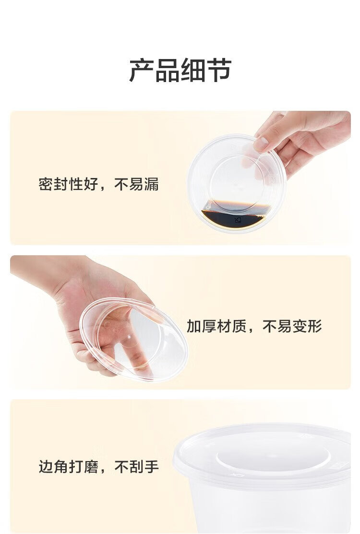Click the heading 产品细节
coord(180,70)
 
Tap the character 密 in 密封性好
coord(46,184)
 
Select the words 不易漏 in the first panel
coord(137,184)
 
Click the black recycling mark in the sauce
coord(238,220)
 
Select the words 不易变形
coord(292,326)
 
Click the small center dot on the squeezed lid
coord(129,337)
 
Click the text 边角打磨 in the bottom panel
coord(68,466)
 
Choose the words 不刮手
coord(137,466)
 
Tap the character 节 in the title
coord(219,70)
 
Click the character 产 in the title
coord(141,70)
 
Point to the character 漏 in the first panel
coord(152,184)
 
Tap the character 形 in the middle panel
coord(315,326)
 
